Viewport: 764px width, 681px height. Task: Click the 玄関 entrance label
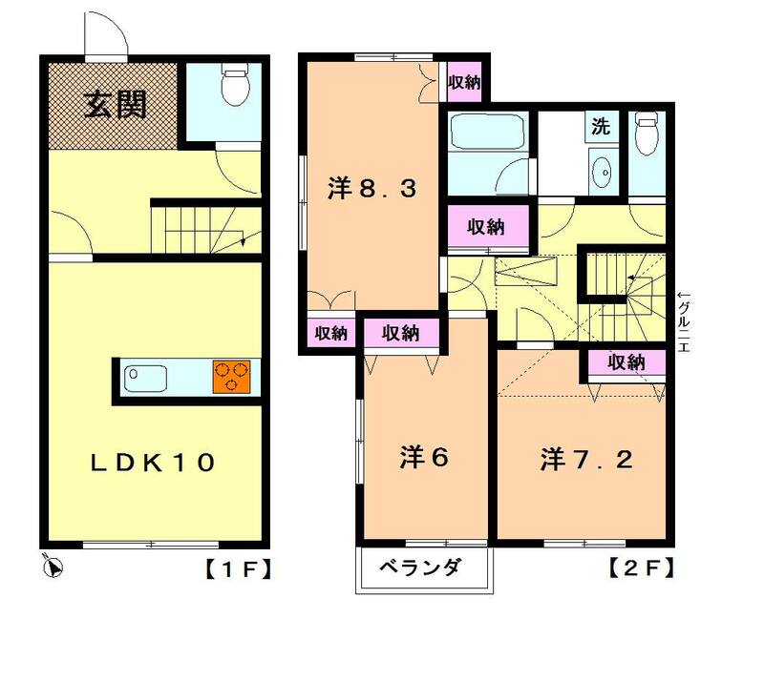point(116,105)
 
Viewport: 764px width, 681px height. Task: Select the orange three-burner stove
point(231,377)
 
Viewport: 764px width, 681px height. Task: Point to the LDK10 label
point(153,462)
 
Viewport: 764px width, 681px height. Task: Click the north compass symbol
point(53,567)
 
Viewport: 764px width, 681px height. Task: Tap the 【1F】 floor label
point(237,568)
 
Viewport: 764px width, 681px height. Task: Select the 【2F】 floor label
point(642,567)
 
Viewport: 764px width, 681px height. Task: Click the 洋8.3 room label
point(372,189)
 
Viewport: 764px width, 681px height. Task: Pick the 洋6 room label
point(423,457)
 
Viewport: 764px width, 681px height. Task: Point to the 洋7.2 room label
point(586,459)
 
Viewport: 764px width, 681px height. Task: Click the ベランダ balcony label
point(420,567)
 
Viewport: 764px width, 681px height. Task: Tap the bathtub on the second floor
point(487,132)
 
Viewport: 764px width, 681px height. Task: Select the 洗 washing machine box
point(602,127)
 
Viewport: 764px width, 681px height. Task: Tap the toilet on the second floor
point(647,133)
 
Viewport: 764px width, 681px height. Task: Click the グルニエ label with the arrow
point(684,321)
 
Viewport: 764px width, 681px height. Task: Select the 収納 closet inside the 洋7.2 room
point(626,362)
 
